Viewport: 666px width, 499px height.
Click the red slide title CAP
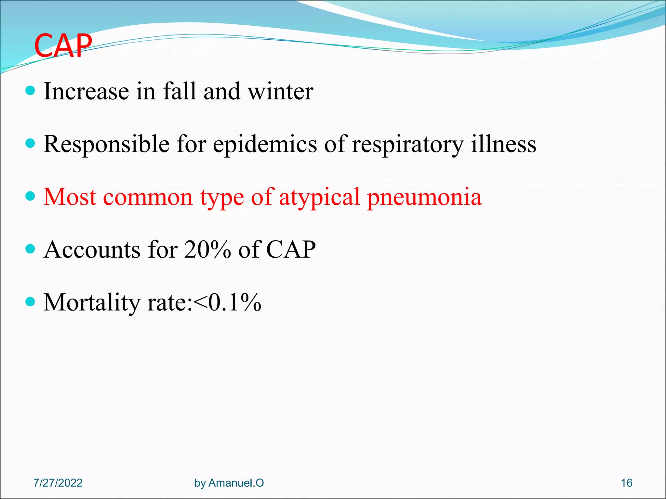63,46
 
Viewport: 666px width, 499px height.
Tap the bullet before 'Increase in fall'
30,90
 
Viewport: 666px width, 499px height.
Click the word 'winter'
280,92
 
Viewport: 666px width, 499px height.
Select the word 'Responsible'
107,144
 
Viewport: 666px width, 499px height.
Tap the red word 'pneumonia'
424,198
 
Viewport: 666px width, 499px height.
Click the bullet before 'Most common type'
30,196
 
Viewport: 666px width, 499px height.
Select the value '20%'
207,250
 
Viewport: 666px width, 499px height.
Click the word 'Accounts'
92,250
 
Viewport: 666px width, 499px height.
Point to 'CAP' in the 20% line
291,250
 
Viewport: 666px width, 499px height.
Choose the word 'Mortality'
92,303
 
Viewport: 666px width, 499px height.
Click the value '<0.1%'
227,303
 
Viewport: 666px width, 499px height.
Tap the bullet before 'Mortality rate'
30,302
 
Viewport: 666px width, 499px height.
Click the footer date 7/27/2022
58,483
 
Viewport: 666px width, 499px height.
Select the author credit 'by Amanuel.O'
229,483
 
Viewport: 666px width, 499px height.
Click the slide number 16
626,483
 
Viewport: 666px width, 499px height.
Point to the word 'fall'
180,91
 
